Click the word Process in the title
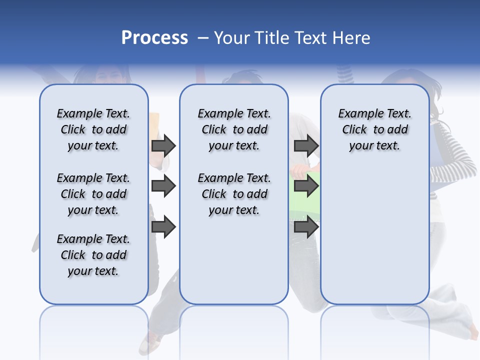pos(154,38)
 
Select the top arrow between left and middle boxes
pos(163,145)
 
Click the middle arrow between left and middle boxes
pos(163,186)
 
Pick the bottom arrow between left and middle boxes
pos(163,227)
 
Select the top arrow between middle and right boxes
pos(306,145)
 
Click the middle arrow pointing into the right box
pos(306,186)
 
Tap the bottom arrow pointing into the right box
pos(306,227)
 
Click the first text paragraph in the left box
pos(93,129)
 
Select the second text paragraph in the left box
pos(93,194)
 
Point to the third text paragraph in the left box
pos(93,255)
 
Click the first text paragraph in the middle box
pos(234,129)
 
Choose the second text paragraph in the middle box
pos(234,194)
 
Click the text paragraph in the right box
pos(374,129)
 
